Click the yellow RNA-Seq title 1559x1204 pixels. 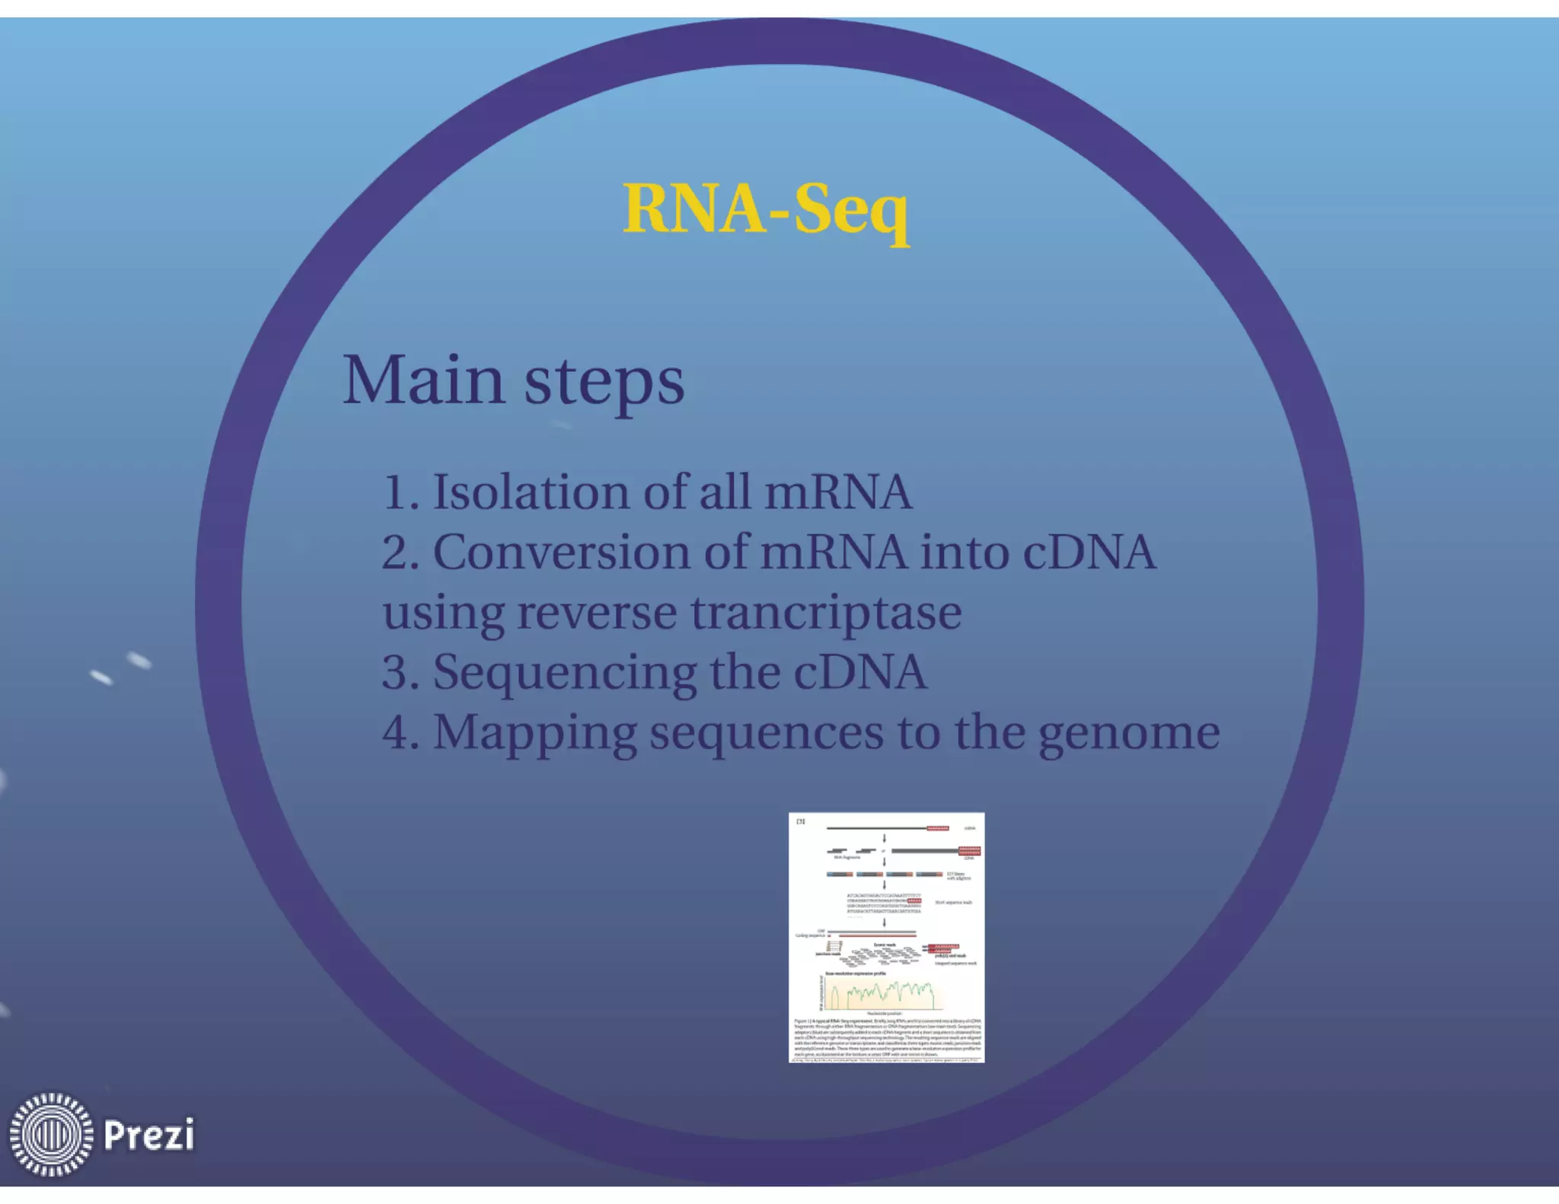[x=766, y=210]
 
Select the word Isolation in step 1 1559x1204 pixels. [x=531, y=492]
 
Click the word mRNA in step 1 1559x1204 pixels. [x=838, y=492]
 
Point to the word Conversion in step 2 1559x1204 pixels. [x=561, y=553]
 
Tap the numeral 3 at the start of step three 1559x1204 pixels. [x=396, y=673]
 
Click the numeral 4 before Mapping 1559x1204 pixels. [x=397, y=733]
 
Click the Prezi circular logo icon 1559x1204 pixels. [x=51, y=1134]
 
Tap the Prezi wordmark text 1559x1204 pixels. [x=149, y=1135]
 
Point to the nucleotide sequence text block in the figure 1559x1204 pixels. [x=884, y=903]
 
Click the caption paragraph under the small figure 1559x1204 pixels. [x=888, y=1037]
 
